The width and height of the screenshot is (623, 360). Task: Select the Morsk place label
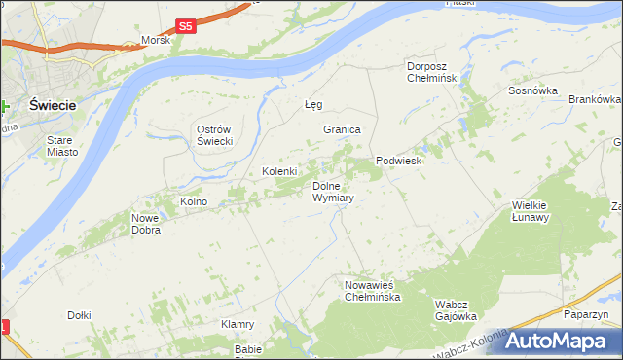point(156,41)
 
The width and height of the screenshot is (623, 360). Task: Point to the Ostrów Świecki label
point(213,136)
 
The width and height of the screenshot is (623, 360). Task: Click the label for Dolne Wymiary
point(333,191)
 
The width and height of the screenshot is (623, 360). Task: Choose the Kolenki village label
point(279,171)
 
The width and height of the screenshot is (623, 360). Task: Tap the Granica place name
point(343,129)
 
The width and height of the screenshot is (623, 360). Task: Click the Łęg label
point(312,104)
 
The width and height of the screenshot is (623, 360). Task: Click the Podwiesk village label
point(398,161)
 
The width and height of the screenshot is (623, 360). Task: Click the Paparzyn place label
point(585,315)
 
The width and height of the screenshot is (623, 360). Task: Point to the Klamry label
point(238,324)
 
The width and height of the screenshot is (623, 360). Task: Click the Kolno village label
point(194,201)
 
